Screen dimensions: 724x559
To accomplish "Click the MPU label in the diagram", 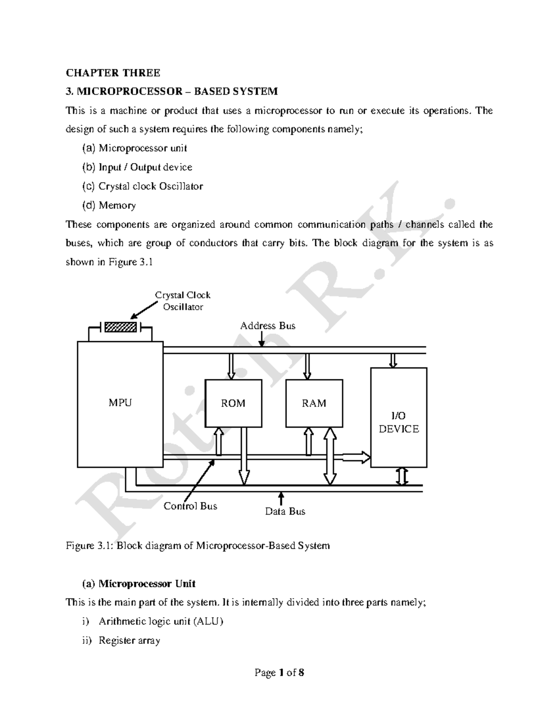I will click(x=120, y=403).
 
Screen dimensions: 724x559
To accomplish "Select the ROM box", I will click(x=233, y=403).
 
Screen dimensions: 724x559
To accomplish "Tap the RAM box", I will click(x=314, y=403).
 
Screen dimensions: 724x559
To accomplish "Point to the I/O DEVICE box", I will click(x=399, y=417).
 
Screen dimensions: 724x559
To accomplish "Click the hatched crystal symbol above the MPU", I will click(x=121, y=327).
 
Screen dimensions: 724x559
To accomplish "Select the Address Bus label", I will click(x=268, y=326).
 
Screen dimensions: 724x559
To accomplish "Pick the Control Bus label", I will click(x=190, y=506).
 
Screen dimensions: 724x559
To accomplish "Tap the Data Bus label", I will click(x=285, y=511).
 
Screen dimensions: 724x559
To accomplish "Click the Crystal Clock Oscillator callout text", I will click(x=183, y=301).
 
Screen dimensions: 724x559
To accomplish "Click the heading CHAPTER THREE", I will click(x=113, y=73).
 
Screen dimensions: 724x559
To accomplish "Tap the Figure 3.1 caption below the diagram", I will click(x=198, y=545).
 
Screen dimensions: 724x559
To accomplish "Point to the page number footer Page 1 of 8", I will click(x=279, y=673).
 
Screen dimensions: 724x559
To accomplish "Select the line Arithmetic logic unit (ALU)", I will click(x=161, y=621).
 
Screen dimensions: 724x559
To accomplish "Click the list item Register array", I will click(x=129, y=641).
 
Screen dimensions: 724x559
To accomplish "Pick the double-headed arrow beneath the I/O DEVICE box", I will click(x=402, y=476).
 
